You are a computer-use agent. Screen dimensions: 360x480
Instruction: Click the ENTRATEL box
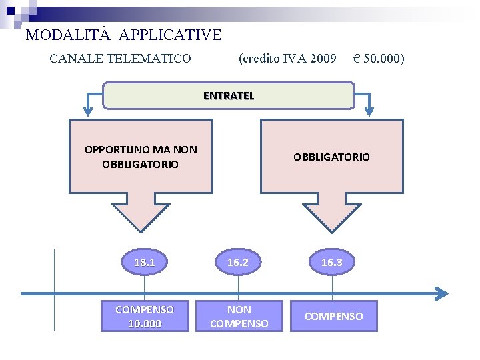[229, 95]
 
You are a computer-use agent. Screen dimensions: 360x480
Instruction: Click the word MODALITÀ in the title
[61, 35]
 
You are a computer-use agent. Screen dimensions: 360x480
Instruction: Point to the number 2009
[323, 59]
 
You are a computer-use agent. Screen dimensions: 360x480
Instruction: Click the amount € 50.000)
[378, 59]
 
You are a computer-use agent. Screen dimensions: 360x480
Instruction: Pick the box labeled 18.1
[145, 262]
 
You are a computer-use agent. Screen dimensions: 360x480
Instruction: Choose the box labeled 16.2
[238, 262]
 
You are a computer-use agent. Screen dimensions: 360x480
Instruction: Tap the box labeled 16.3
[332, 262]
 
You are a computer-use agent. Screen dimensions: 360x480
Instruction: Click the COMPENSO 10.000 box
[145, 316]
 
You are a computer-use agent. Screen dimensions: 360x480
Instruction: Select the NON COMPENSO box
[239, 316]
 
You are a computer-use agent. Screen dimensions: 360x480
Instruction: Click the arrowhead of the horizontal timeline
[441, 293]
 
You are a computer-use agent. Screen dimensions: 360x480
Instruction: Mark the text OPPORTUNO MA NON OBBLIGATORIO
[141, 157]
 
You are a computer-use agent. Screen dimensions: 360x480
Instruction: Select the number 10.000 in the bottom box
[145, 323]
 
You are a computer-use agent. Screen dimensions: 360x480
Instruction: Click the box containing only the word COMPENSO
[333, 316]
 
